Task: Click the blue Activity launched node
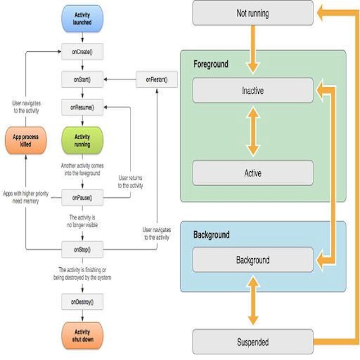tap(82, 18)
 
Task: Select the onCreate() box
tap(82, 52)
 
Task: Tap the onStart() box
tap(82, 80)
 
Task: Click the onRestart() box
tap(156, 80)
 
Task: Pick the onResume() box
tap(82, 107)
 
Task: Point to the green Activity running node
tap(82, 140)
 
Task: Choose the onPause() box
tap(82, 197)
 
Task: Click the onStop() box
tap(82, 249)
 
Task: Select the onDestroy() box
tap(82, 302)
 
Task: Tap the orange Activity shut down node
tap(82, 336)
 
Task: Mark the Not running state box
tap(253, 13)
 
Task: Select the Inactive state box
tap(253, 91)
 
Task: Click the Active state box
tap(253, 173)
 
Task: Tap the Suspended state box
tap(253, 342)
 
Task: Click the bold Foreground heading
tap(211, 64)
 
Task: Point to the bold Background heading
tap(211, 234)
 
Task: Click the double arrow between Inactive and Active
tap(253, 132)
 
